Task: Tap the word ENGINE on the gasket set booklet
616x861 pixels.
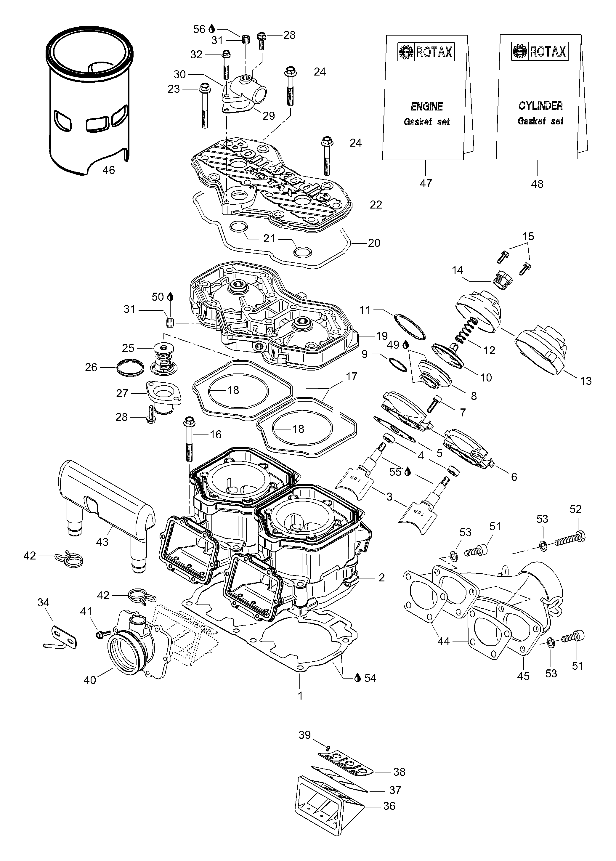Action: coord(427,107)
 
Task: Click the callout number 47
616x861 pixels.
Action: coord(426,184)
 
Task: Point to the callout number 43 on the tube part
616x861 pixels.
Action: coord(102,542)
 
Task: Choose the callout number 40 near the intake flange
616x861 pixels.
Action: coord(90,680)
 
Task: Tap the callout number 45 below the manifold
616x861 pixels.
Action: coord(523,676)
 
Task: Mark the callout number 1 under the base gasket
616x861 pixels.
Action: coord(300,696)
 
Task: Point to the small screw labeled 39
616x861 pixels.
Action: coord(328,747)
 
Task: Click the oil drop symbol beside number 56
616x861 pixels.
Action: coord(212,29)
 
